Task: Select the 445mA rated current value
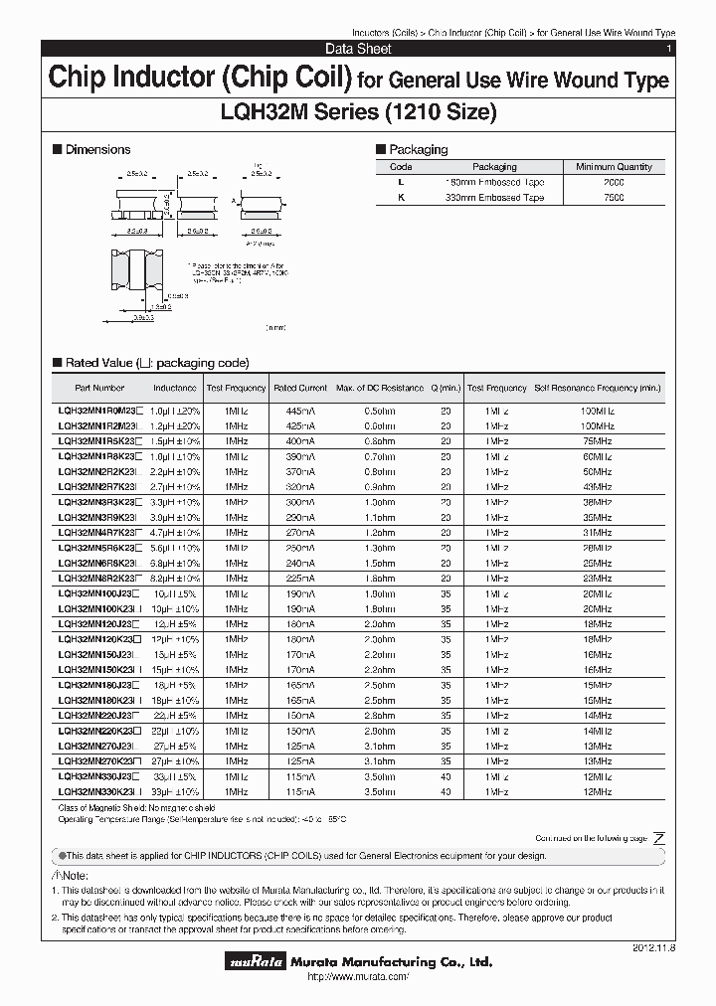pyautogui.click(x=299, y=410)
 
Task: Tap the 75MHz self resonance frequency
pyautogui.click(x=597, y=440)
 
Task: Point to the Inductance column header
pyautogui.click(x=174, y=388)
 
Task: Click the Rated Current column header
pyautogui.click(x=299, y=388)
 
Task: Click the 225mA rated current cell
pyautogui.click(x=299, y=579)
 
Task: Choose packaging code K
pyautogui.click(x=401, y=198)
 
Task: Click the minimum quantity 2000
pyautogui.click(x=614, y=183)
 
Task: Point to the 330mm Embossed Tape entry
pyautogui.click(x=494, y=198)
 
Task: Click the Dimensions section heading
pyautogui.click(x=96, y=149)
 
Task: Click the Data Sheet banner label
pyautogui.click(x=358, y=49)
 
